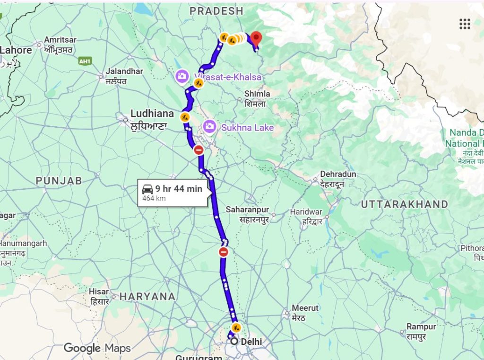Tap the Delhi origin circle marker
tap(233, 341)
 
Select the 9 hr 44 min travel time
tap(179, 189)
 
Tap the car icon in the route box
tap(147, 189)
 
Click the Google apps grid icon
tap(465, 24)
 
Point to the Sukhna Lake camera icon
tap(209, 126)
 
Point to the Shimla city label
tap(257, 94)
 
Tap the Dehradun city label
tap(338, 174)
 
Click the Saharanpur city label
tap(247, 209)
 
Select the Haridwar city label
tap(306, 211)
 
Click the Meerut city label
tap(305, 307)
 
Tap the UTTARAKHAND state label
tap(404, 204)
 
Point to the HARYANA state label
tap(147, 297)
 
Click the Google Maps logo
tap(96, 349)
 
